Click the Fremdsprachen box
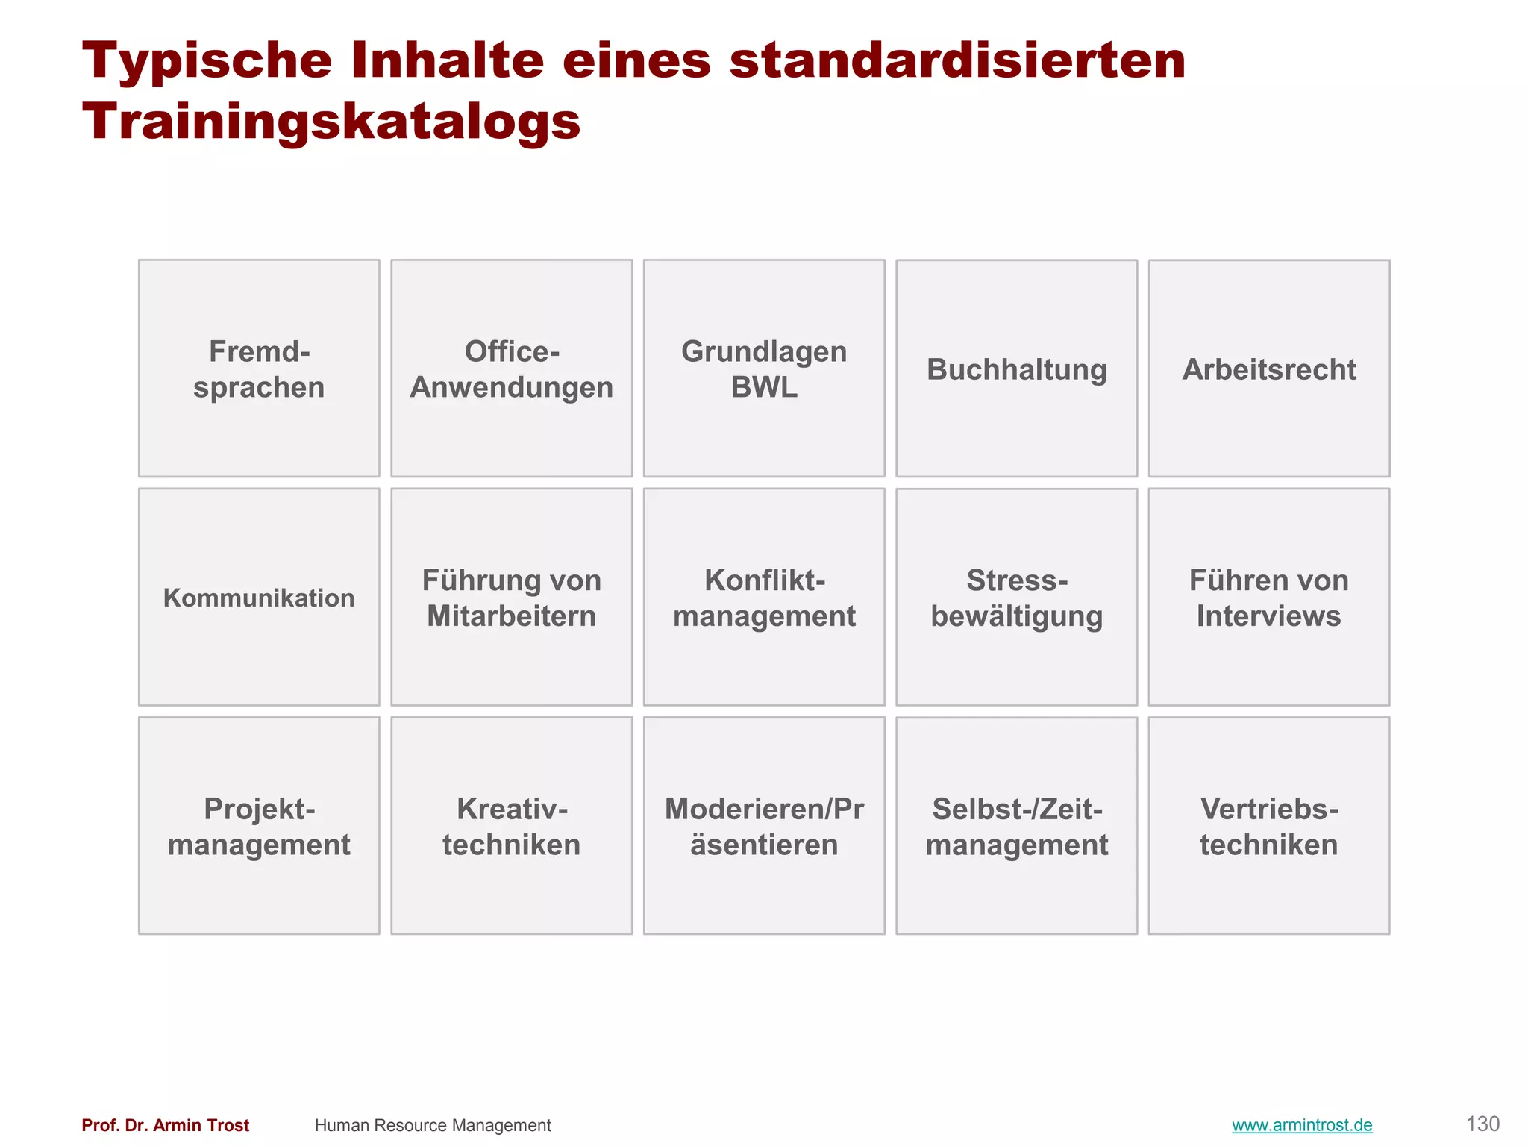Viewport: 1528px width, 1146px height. pyautogui.click(x=259, y=369)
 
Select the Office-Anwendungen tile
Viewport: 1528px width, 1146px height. pyautogui.click(x=511, y=369)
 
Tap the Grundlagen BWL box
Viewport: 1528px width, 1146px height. pyautogui.click(x=764, y=369)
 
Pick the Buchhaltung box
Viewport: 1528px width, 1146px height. pyautogui.click(x=1016, y=369)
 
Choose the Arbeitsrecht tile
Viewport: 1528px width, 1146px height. pyautogui.click(x=1268, y=369)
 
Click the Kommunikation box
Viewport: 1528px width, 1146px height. pyautogui.click(x=259, y=597)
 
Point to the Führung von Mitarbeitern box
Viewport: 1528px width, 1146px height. pyautogui.click(x=511, y=597)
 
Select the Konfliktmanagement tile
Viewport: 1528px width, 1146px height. pyautogui.click(x=764, y=597)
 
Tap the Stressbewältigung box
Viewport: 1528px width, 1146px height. pyautogui.click(x=1016, y=597)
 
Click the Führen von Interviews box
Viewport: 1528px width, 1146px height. pyautogui.click(x=1268, y=597)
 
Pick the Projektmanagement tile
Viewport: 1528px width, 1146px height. pyautogui.click(x=259, y=826)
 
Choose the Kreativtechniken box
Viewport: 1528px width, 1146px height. pyautogui.click(x=511, y=826)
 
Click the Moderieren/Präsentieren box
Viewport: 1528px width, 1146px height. pyautogui.click(x=764, y=826)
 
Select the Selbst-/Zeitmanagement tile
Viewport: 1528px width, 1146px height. pyautogui.click(x=1016, y=826)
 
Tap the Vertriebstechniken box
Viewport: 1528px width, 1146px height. pyautogui.click(x=1268, y=826)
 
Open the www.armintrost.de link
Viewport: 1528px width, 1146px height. pyautogui.click(x=1302, y=1125)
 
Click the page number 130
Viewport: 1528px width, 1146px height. pyautogui.click(x=1482, y=1124)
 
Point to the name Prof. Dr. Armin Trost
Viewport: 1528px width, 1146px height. pyautogui.click(x=165, y=1125)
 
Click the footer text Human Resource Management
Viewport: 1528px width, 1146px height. pyautogui.click(x=433, y=1125)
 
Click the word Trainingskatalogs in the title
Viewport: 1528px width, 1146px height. pyautogui.click(x=331, y=121)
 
